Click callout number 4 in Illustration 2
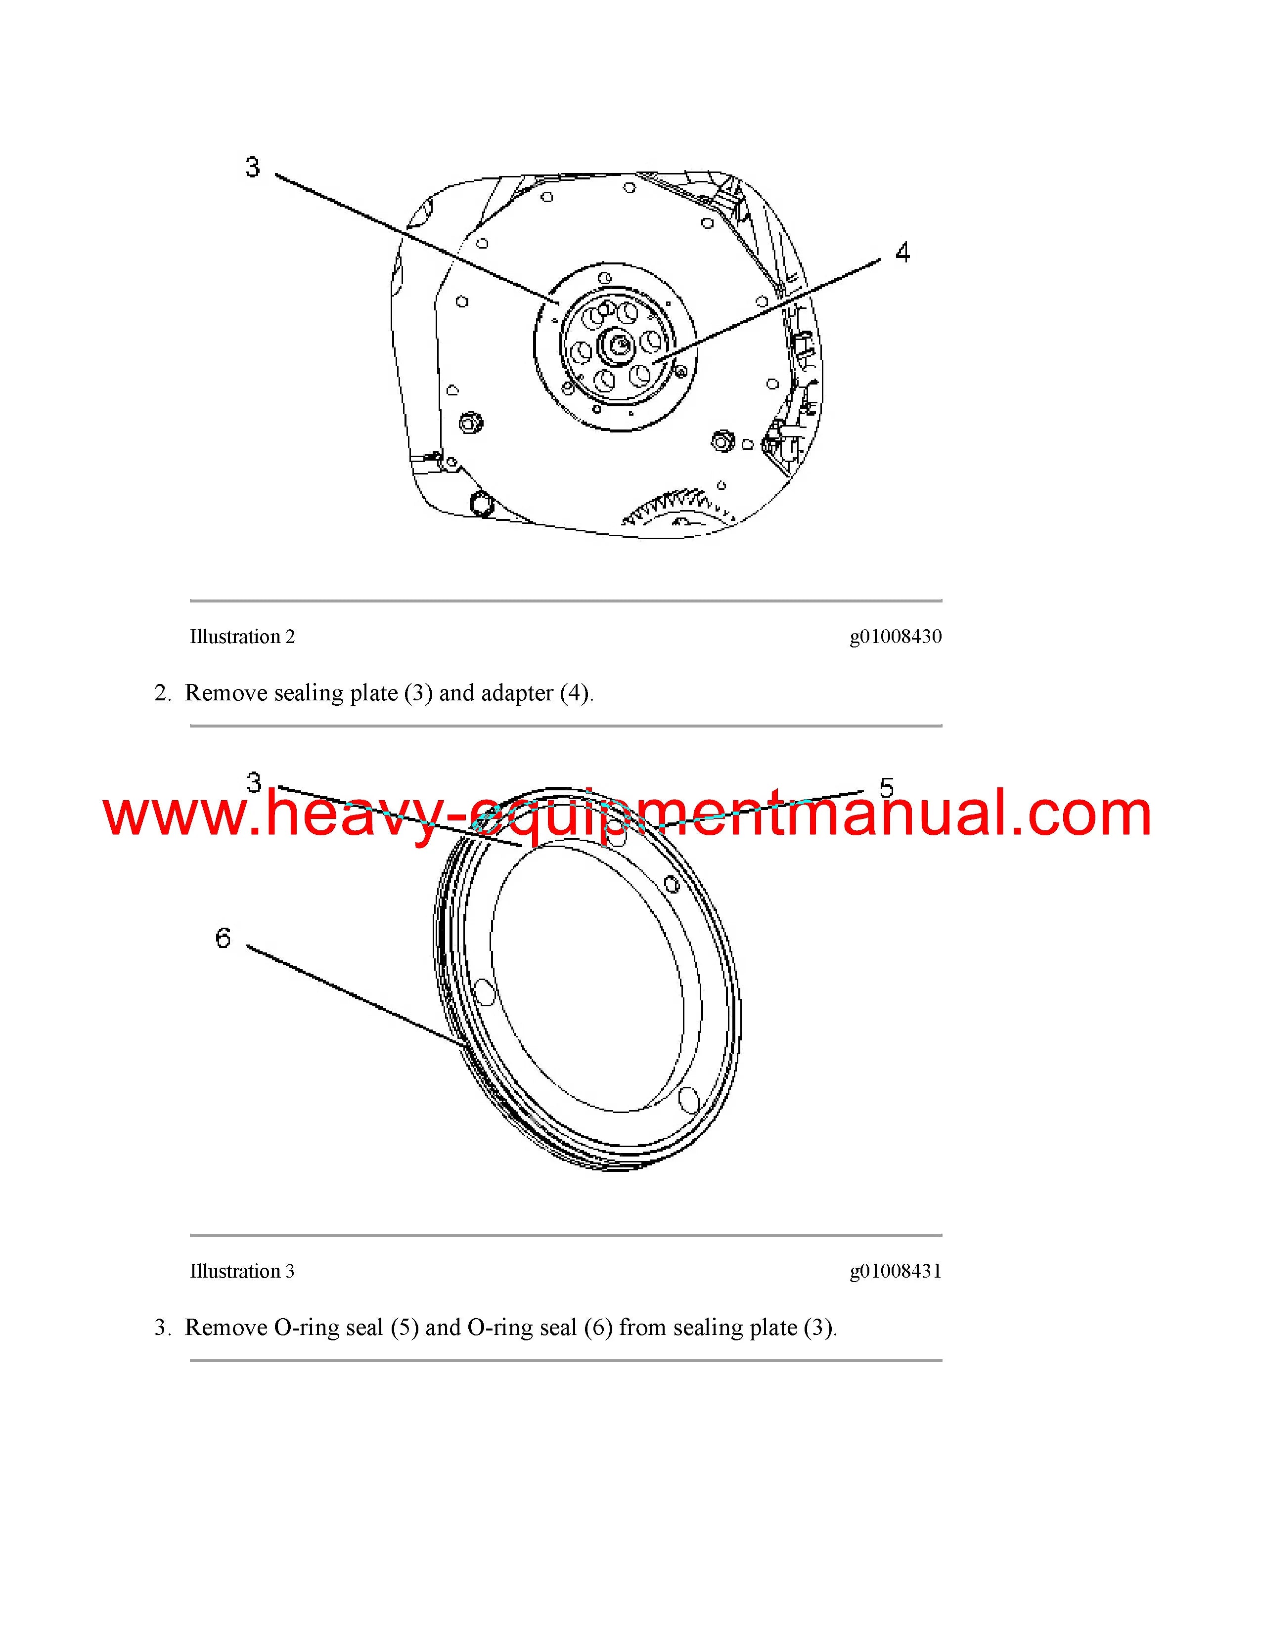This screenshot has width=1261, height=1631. click(x=902, y=253)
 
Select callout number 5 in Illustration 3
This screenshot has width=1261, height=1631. click(x=886, y=787)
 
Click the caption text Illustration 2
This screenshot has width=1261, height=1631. click(x=242, y=636)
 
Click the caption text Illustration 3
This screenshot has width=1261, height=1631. click(x=242, y=1271)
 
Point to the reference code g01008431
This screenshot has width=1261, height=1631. click(x=896, y=1272)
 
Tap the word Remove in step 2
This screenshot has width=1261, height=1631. click(x=226, y=693)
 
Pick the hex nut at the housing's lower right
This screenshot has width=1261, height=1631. click(x=721, y=440)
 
